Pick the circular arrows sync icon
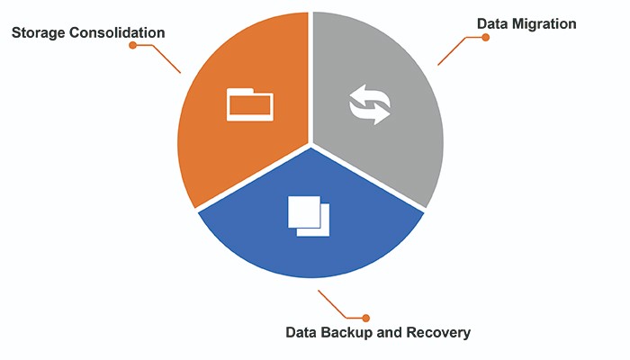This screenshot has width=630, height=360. (x=370, y=104)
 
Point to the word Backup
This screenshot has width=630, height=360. (x=346, y=332)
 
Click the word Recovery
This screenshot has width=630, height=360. (x=440, y=332)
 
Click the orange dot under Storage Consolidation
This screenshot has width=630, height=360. (x=132, y=45)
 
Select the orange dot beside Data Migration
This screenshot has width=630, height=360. (x=485, y=38)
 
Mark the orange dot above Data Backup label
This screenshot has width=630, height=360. (x=365, y=317)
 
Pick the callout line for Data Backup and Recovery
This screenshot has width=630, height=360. (x=337, y=306)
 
